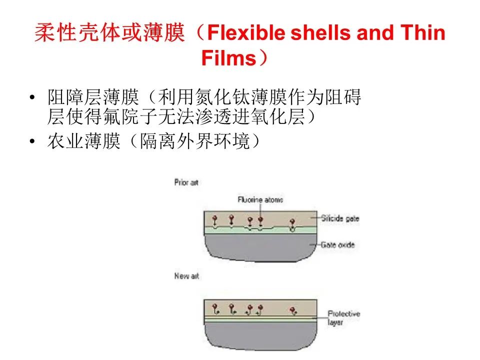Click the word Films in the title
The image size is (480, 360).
tap(228, 58)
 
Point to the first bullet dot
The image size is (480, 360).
tap(33, 97)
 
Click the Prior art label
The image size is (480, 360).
tap(186, 182)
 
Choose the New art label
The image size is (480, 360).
tap(186, 276)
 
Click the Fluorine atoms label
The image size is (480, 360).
tap(260, 199)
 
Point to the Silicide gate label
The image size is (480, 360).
tap(340, 218)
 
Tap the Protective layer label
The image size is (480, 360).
tap(343, 318)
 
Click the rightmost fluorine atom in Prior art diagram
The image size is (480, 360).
tap(292, 221)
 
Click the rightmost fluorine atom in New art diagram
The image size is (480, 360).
tap(292, 310)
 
